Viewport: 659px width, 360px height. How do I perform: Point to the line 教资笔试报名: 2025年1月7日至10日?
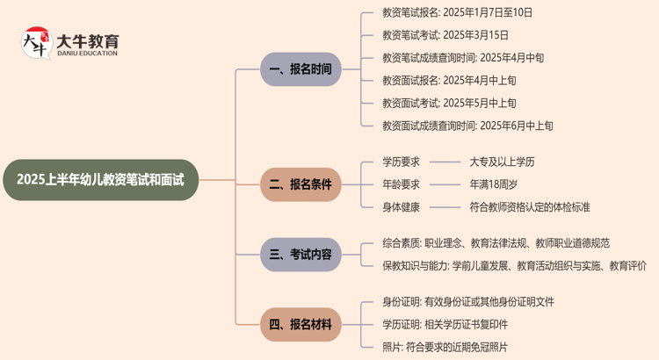point(457,12)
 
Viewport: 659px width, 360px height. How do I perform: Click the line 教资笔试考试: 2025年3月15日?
point(445,35)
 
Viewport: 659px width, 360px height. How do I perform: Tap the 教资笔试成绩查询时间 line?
point(462,58)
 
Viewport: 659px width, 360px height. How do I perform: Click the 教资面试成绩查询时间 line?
point(467,126)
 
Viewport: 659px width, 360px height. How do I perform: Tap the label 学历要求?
point(401,162)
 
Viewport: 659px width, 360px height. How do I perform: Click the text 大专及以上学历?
point(502,162)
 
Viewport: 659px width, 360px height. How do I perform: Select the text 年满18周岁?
point(493,184)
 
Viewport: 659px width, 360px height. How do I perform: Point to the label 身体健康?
point(401,207)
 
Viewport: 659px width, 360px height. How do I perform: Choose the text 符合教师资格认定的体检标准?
point(529,207)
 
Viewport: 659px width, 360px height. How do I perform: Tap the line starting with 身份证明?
point(467,302)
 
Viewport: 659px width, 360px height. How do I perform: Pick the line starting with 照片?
point(445,348)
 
